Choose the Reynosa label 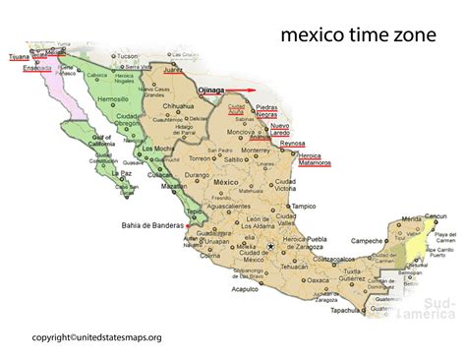click(x=293, y=144)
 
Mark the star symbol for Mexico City click(x=269, y=247)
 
